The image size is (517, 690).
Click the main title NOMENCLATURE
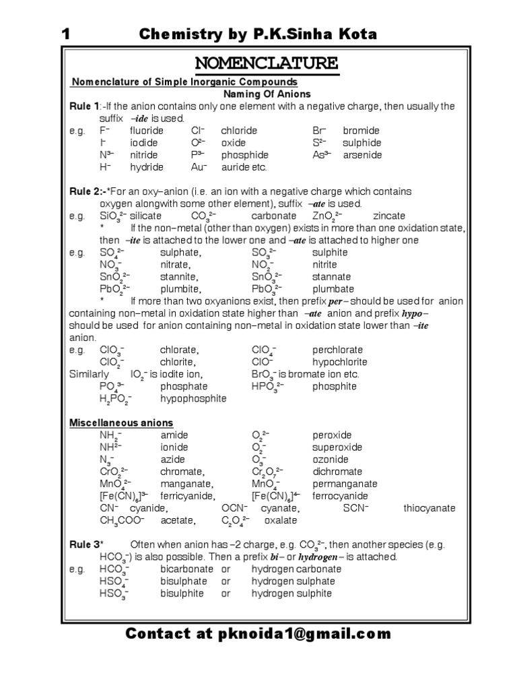pyautogui.click(x=267, y=64)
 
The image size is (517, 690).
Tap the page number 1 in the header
pyautogui.click(x=66, y=34)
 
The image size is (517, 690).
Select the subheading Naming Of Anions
pyautogui.click(x=267, y=94)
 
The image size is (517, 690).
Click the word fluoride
pyautogui.click(x=147, y=130)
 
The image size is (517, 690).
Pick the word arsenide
pyautogui.click(x=362, y=154)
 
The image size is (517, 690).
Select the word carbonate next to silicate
pyautogui.click(x=273, y=216)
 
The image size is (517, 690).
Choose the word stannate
pyautogui.click(x=331, y=276)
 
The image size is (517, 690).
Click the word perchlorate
pyautogui.click(x=337, y=350)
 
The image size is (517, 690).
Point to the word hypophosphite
pyautogui.click(x=193, y=398)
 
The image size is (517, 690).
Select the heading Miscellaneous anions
pyautogui.click(x=122, y=422)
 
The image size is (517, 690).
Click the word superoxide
pyautogui.click(x=337, y=447)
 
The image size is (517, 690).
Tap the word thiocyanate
pyautogui.click(x=429, y=507)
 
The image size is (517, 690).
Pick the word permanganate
pyautogui.click(x=345, y=483)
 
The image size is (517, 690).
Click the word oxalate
pyautogui.click(x=280, y=520)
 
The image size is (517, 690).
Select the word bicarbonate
pyautogui.click(x=186, y=569)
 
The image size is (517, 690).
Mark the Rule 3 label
pyautogui.click(x=85, y=544)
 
